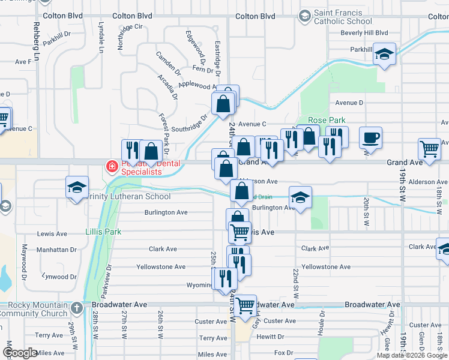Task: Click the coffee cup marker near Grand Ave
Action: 370,137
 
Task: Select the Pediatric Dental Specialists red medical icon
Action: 110,166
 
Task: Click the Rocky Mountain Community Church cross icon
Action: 76,308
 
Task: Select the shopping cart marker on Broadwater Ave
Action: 246,305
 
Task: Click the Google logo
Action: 21,353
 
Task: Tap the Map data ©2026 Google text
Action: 412,355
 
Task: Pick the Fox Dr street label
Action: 283,353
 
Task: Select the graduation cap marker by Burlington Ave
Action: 300,197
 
